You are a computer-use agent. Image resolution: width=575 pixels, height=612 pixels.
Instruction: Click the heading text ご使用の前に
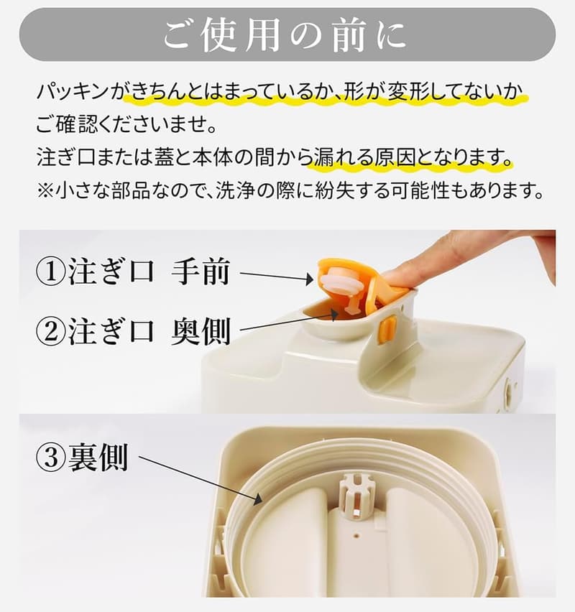[286, 34]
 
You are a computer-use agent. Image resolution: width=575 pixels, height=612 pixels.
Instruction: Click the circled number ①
[52, 273]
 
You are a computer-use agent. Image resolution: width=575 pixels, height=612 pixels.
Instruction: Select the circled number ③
[52, 458]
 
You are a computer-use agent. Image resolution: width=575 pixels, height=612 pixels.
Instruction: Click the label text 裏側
[98, 458]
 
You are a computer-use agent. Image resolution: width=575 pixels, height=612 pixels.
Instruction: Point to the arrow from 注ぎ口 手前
[276, 276]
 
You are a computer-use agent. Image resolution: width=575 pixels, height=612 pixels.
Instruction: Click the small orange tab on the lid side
[387, 329]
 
